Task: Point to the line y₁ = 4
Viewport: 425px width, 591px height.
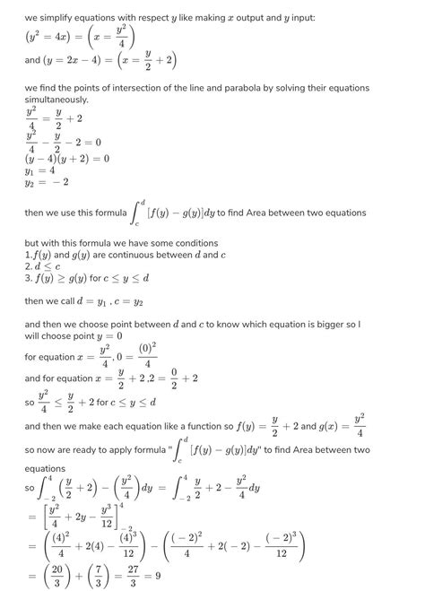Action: (x=41, y=170)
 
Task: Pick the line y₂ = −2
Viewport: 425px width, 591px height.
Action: (x=46, y=182)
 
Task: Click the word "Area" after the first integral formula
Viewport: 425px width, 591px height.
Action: (x=277, y=213)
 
